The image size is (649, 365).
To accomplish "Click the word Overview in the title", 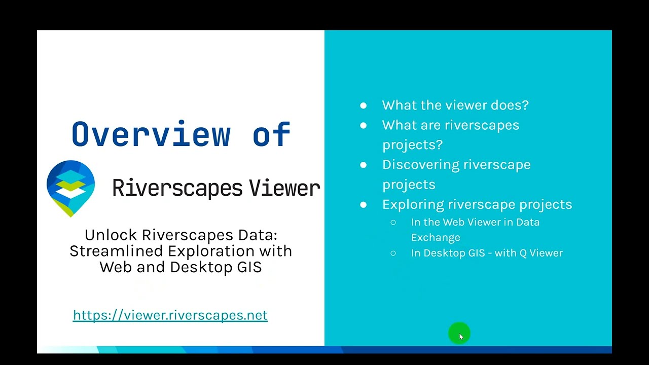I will [151, 134].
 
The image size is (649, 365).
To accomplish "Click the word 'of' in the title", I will [271, 134].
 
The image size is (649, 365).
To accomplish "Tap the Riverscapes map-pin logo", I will [70, 188].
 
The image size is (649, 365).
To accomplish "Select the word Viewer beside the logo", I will [284, 188].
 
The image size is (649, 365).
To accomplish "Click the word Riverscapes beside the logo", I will [177, 188].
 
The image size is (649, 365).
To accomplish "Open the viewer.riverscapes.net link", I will [170, 315].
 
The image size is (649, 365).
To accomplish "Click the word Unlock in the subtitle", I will [111, 235].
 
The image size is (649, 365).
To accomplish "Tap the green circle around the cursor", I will [459, 334].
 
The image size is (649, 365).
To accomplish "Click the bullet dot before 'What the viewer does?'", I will [363, 105].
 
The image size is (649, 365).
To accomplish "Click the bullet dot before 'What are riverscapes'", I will [363, 125].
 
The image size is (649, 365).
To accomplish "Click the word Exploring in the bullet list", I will [413, 204].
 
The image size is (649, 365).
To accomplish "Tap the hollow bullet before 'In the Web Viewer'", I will [393, 223].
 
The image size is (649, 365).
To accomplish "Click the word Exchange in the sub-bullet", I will [436, 237].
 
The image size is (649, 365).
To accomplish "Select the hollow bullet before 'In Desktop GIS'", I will [393, 253].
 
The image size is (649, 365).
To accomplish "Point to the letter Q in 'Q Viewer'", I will [523, 253].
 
